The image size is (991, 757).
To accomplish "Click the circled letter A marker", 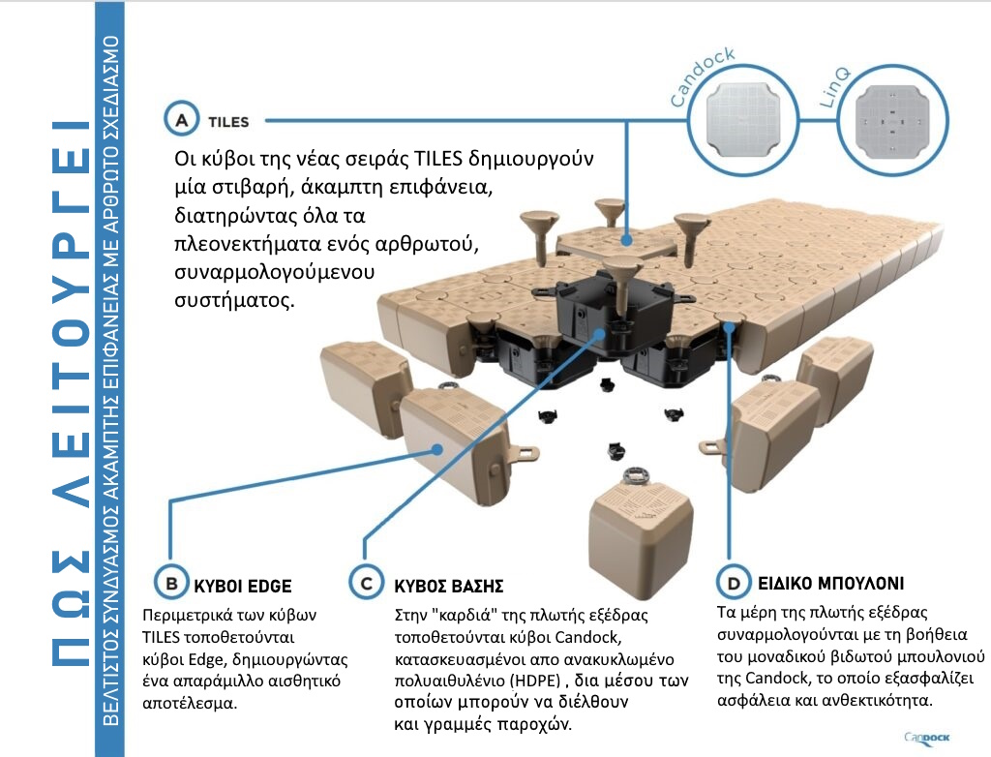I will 181,121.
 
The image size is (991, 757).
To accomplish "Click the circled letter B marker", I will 170,585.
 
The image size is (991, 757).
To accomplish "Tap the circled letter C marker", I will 365,585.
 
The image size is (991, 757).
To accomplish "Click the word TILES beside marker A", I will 228,122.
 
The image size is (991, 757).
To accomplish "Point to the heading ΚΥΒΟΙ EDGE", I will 242,586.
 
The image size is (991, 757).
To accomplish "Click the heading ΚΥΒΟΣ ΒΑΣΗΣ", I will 449,586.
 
